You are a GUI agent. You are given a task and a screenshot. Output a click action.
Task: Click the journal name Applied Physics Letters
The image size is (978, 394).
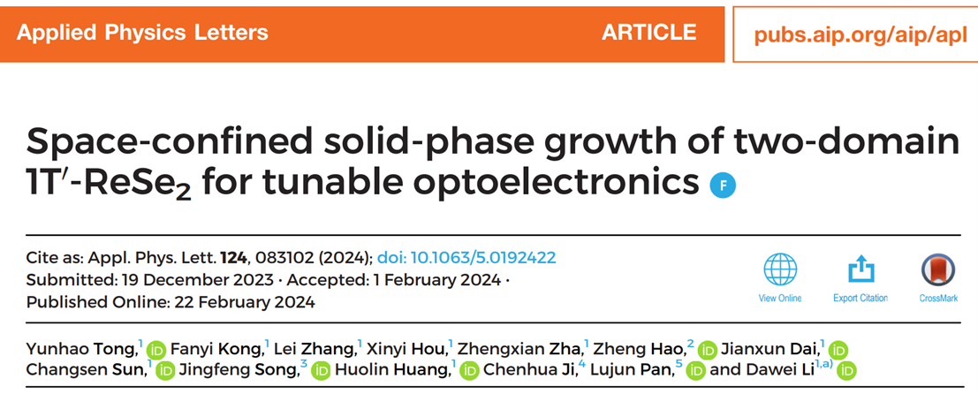pyautogui.click(x=142, y=34)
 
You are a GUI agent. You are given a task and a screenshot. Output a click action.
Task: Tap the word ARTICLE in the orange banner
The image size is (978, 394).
pyautogui.click(x=649, y=34)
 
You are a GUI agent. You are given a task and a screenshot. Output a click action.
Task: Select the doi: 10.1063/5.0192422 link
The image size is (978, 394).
pyautogui.click(x=466, y=258)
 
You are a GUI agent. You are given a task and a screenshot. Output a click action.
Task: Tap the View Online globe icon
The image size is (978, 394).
pyautogui.click(x=780, y=270)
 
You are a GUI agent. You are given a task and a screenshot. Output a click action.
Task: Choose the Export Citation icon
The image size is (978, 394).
pyautogui.click(x=860, y=270)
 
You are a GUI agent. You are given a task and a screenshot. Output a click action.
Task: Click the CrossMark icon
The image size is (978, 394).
pyautogui.click(x=938, y=270)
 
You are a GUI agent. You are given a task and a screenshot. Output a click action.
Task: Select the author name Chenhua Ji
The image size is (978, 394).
pyautogui.click(x=528, y=369)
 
